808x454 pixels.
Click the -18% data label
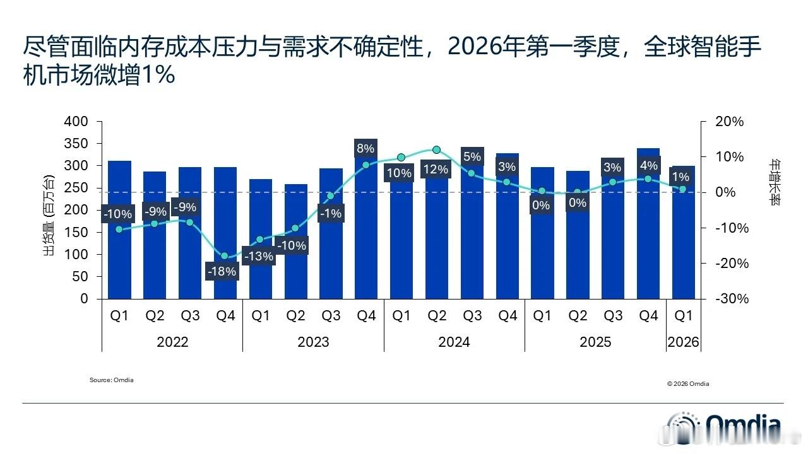(x=223, y=272)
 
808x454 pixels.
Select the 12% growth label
(x=436, y=169)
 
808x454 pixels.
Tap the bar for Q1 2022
(x=119, y=252)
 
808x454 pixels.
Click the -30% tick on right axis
(x=730, y=299)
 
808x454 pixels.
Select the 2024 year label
(x=454, y=342)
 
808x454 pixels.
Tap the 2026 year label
(x=683, y=342)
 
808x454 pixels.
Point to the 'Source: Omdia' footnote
(x=112, y=380)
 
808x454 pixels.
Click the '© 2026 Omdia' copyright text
(x=687, y=384)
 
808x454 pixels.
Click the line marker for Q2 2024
(x=436, y=150)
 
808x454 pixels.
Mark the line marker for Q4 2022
(x=224, y=256)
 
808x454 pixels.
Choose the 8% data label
(x=365, y=149)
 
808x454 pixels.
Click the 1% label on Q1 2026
(x=680, y=177)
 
